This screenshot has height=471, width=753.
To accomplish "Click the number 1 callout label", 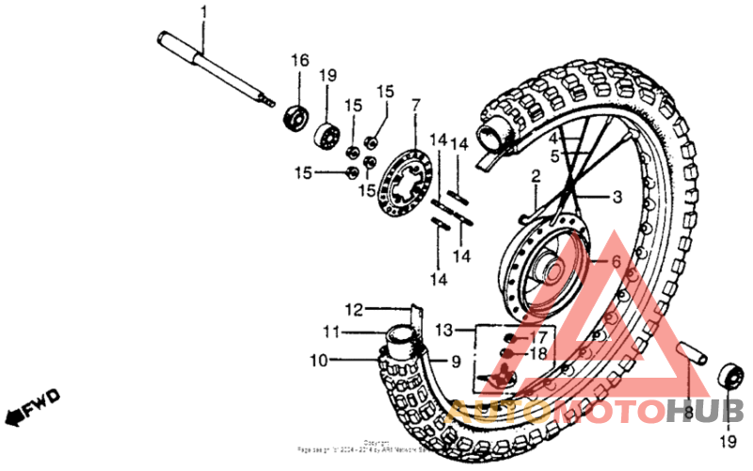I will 202,12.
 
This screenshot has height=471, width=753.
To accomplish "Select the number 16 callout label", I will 299,60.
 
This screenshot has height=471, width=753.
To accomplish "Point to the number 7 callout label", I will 415,103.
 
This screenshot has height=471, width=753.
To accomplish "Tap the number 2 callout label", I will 535,176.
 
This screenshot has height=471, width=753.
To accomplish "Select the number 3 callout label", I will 617,197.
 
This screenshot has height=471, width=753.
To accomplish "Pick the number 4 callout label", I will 554,138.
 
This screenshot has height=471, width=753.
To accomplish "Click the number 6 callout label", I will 617,262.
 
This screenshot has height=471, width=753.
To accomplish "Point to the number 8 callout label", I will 688,413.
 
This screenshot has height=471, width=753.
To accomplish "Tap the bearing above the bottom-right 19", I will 728,376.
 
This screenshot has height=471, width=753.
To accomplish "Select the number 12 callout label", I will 353,308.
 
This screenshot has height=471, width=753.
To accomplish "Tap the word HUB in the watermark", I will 705,411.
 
